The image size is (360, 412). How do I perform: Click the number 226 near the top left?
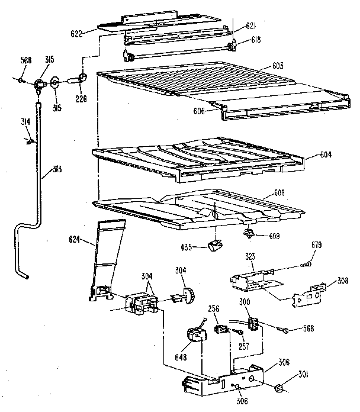tap(81, 99)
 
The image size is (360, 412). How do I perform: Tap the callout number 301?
tap(303, 373)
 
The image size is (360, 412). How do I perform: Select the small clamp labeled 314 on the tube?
tap(29, 141)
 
